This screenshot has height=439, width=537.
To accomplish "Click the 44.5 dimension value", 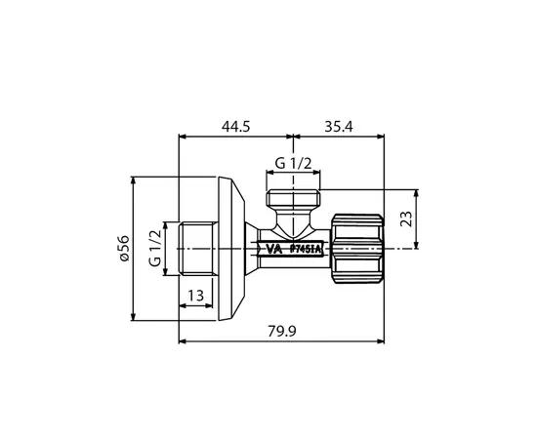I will pos(231,126).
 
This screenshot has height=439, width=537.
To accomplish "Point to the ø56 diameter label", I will pos(123,250).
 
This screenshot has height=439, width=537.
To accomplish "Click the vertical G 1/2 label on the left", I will pos(154,250).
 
